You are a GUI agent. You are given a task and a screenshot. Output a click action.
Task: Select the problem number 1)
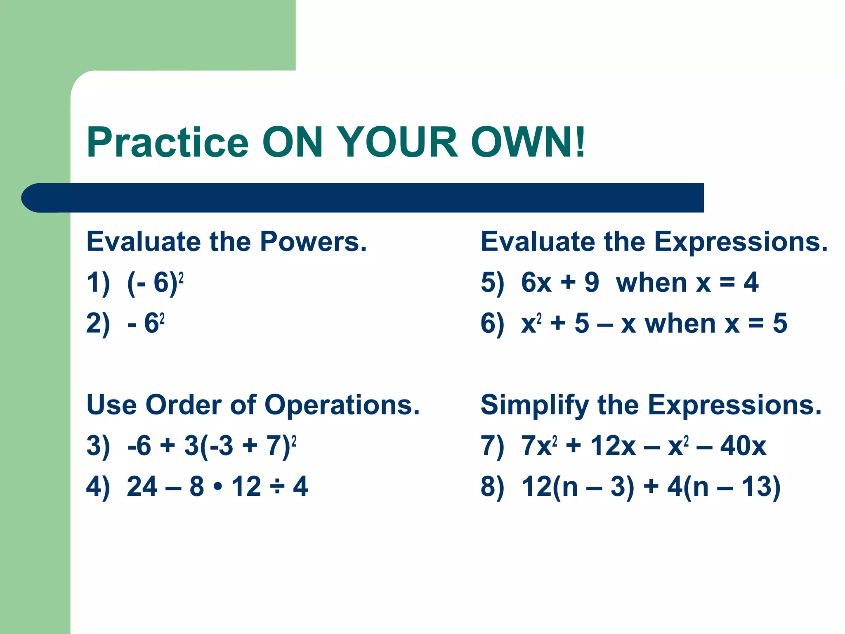click(x=98, y=283)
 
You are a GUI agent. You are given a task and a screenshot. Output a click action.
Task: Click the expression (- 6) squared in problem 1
click(x=155, y=283)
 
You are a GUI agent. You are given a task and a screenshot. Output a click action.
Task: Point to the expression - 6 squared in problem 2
click(x=146, y=323)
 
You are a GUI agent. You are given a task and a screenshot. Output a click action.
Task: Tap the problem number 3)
click(x=98, y=446)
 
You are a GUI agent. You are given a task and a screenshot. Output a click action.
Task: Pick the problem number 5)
click(x=492, y=283)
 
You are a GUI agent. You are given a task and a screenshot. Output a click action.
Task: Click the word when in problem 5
click(x=651, y=283)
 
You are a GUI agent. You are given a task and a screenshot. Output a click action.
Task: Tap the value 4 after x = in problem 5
click(x=751, y=283)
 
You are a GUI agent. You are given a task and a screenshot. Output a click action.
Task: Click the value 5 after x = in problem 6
click(x=779, y=323)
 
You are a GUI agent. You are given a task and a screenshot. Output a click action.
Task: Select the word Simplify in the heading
click(x=535, y=405)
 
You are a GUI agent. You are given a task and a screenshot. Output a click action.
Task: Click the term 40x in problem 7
click(x=743, y=446)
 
